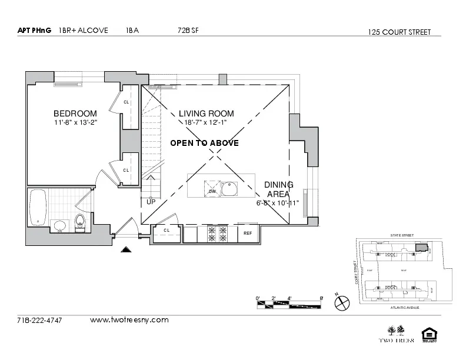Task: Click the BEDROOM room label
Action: point(75,114)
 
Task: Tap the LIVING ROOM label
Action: point(206,114)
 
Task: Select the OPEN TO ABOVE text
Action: point(204,143)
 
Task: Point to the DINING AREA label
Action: point(278,189)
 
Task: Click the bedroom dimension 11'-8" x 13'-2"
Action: point(75,122)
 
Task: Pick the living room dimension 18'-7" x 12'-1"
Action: point(206,122)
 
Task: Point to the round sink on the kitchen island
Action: point(231,189)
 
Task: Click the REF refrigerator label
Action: point(248,234)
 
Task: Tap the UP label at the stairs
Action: point(151,202)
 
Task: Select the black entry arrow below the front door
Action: point(125,250)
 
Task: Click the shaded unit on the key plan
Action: point(420,248)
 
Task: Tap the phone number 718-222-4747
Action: point(39,321)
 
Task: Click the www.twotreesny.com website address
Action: point(129,320)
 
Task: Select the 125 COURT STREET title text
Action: point(399,32)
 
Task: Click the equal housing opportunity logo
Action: point(430,335)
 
